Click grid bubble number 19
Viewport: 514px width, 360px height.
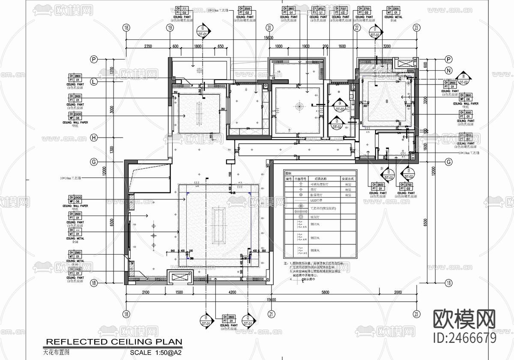[x=170, y=28]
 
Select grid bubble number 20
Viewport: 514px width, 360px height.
[x=269, y=28]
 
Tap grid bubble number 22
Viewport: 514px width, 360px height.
[x=356, y=28]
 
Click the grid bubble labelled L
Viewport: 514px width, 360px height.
[x=94, y=81]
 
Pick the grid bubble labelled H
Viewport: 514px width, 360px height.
[x=94, y=138]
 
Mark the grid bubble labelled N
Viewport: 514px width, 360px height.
[x=449, y=71]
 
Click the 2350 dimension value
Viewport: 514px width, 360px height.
[x=148, y=46]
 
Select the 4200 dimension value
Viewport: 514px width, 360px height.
[x=231, y=292]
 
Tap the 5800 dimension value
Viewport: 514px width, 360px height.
[x=325, y=292]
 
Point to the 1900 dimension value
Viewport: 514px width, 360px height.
[x=305, y=46]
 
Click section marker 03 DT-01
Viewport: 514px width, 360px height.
[x=203, y=31]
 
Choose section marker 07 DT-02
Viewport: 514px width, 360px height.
[x=376, y=31]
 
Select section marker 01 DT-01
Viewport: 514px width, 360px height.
[x=206, y=320]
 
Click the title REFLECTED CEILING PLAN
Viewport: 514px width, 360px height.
[x=114, y=342]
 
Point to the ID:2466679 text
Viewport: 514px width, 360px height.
[x=465, y=338]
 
